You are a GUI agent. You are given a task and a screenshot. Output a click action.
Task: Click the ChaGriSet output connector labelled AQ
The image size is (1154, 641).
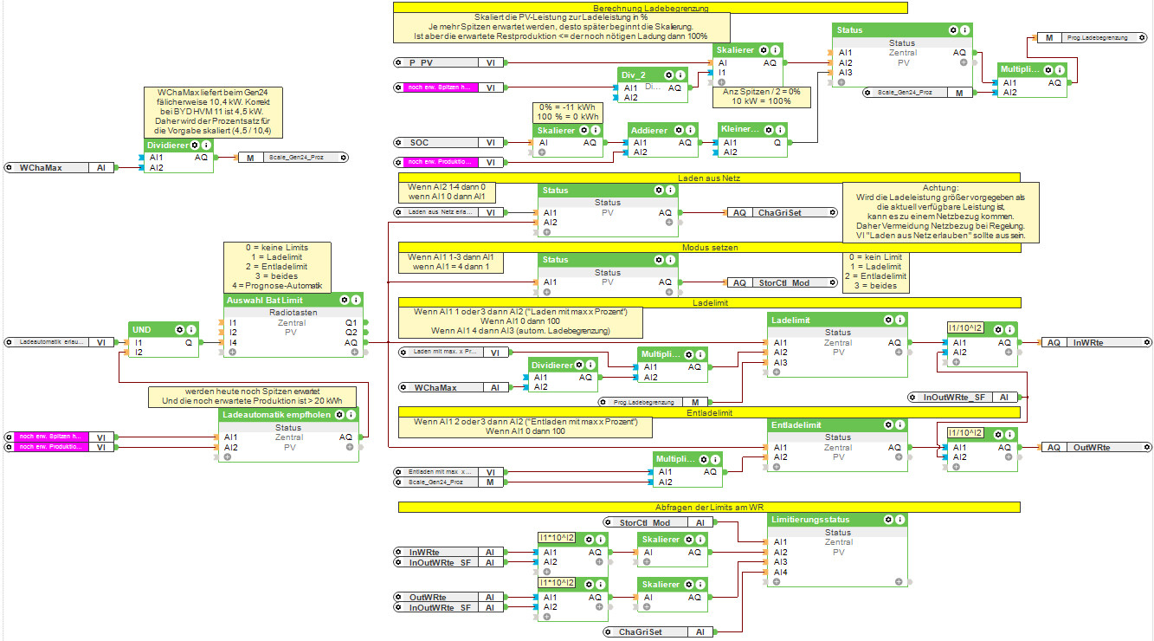pos(780,212)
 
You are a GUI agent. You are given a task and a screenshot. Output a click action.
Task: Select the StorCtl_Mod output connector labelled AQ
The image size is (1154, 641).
pos(780,282)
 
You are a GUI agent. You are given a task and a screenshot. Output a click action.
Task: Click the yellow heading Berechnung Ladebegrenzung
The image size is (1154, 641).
pos(649,8)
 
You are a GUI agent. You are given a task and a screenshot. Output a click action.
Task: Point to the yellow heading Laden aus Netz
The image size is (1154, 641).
pos(708,178)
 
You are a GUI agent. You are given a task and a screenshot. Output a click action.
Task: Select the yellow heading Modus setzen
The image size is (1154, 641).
pos(708,248)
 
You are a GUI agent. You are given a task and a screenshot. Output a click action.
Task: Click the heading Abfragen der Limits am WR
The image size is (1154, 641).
pos(708,507)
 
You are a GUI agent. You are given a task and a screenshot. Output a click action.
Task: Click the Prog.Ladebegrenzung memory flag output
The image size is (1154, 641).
pos(1090,38)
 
